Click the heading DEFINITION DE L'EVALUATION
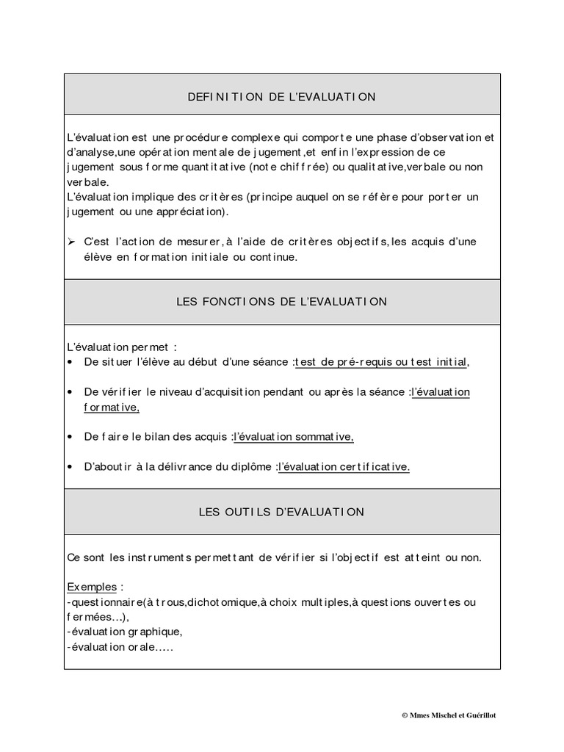click(281, 96)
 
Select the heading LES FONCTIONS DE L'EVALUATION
click(281, 301)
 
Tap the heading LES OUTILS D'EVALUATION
click(281, 511)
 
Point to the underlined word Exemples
click(92, 587)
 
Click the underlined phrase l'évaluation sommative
click(294, 436)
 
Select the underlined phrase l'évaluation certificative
click(344, 466)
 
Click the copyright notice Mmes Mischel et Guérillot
click(454, 715)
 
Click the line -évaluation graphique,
click(124, 632)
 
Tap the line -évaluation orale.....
click(119, 647)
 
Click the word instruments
click(169, 557)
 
